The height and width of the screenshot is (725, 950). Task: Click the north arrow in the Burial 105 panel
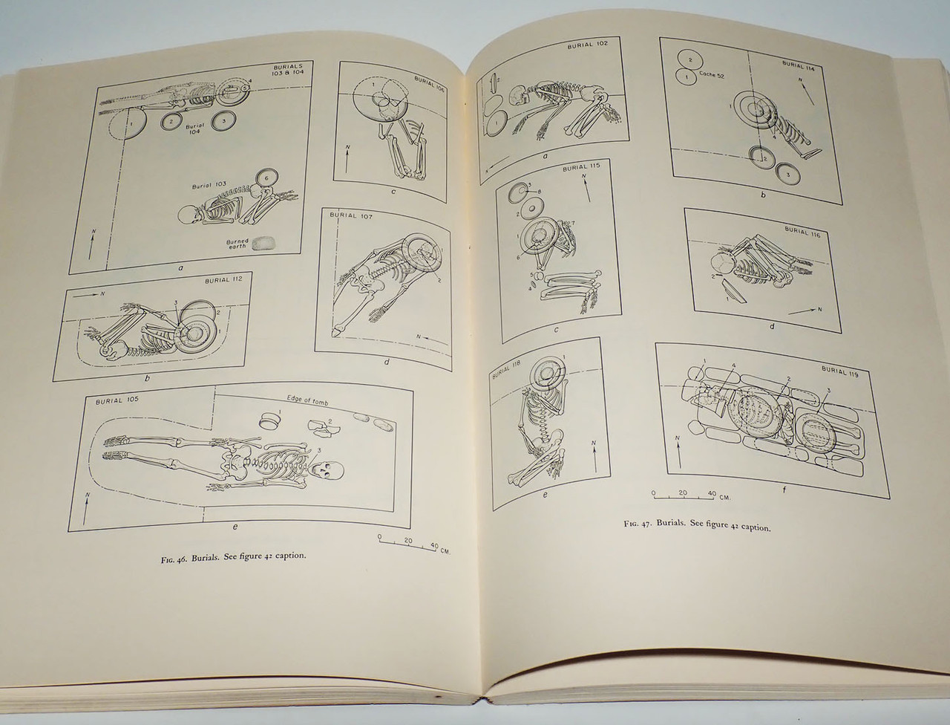[x=88, y=506]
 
